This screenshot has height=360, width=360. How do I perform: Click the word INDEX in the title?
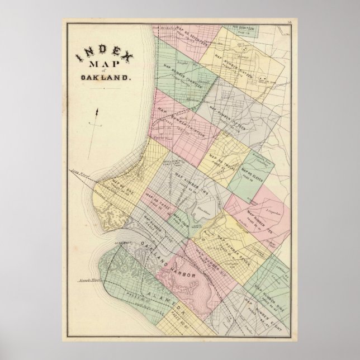coord(101,54)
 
